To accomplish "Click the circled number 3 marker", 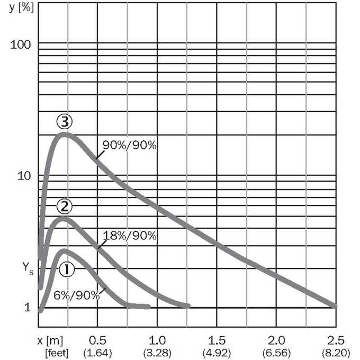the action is (65, 122).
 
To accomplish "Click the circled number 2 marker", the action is (65, 206).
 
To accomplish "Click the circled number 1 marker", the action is (67, 269).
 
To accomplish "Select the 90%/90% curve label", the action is (130, 145).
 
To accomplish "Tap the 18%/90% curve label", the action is (130, 236).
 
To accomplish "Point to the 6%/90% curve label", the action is (76, 295).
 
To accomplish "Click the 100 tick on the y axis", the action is (21, 44).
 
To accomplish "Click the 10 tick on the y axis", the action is (24, 176).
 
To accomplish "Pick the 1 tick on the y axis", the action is (28, 307).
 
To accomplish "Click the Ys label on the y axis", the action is (28, 268).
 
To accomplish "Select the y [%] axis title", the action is (22, 8).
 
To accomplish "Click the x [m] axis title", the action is (50, 341).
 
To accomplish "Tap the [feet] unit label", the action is (57, 353).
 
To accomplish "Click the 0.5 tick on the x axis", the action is (97, 340).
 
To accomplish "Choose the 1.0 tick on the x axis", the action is (157, 340).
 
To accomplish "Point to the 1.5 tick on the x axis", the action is (217, 340).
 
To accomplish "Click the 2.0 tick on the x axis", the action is (276, 340).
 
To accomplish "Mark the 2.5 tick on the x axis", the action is (336, 340).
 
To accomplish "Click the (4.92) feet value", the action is (217, 353).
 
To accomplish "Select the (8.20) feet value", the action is (336, 353).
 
